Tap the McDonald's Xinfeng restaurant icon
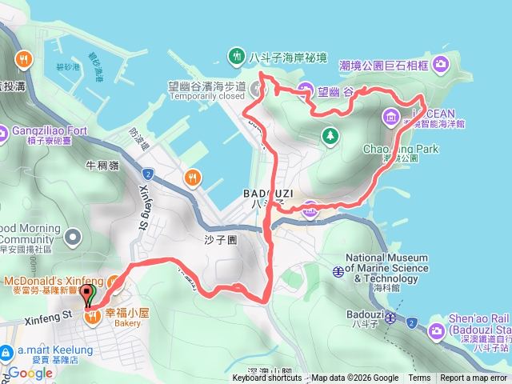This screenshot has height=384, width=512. (114, 282)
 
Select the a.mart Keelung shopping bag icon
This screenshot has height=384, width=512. (6, 351)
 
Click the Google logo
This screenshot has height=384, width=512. (30, 372)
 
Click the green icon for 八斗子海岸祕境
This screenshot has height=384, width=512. (237, 56)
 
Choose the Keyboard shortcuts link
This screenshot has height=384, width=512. (268, 378)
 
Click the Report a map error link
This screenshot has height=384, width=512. (474, 378)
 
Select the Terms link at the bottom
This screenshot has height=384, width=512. (419, 378)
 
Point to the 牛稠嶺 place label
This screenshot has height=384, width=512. (102, 166)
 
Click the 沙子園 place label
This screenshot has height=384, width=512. (217, 239)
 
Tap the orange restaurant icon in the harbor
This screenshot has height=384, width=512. (191, 177)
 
